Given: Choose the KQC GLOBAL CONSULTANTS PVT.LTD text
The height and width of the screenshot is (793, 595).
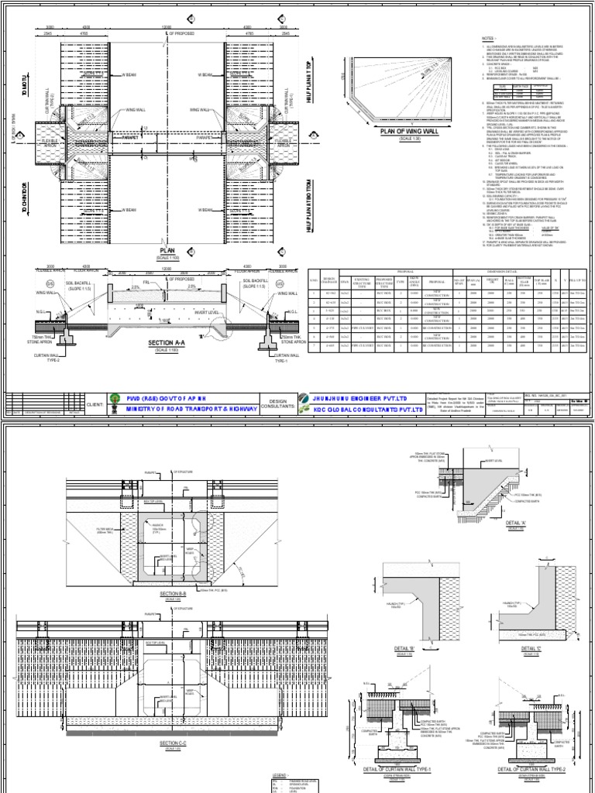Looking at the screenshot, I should tap(371, 409).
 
